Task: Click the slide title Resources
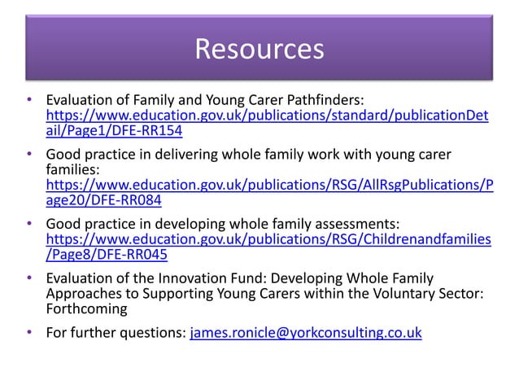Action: tap(259, 49)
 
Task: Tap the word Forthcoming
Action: tap(86, 310)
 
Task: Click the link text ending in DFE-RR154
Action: tap(114, 131)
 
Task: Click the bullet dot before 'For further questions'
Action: tap(29, 332)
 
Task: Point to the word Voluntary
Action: tap(388, 295)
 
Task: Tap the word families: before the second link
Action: tap(72, 170)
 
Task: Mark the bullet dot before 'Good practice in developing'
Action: tap(29, 223)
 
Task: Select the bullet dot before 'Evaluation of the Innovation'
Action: tap(29, 279)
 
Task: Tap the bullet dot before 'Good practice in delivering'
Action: tap(29, 155)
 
